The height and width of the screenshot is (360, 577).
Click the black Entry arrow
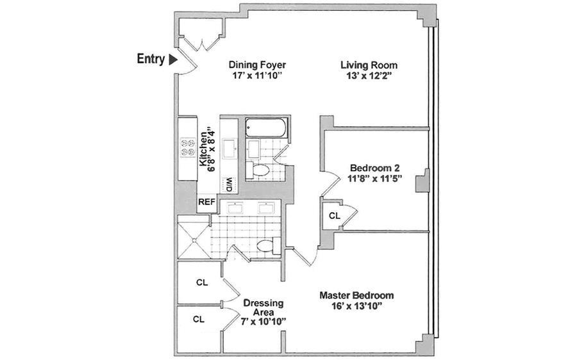coord(173,60)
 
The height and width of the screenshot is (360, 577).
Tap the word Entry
coord(151,59)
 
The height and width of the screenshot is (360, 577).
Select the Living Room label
coord(369,65)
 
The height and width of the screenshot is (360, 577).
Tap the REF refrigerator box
coord(206,202)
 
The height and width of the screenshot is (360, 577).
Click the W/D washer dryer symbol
coord(228,184)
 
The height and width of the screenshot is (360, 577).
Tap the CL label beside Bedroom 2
coord(334,216)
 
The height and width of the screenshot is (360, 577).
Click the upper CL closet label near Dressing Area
coord(201,282)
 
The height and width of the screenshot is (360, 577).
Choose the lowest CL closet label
coord(199,319)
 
